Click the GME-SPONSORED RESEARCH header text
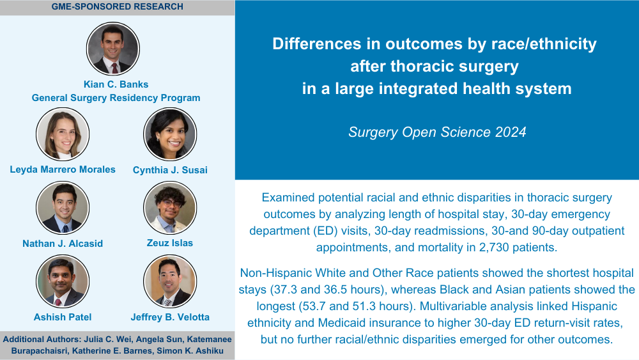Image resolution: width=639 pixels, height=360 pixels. tap(118, 6)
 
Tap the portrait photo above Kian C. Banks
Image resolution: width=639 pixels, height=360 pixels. tap(113, 49)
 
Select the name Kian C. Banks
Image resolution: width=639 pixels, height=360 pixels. tap(116, 84)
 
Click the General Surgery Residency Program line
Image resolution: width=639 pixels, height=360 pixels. tap(116, 98)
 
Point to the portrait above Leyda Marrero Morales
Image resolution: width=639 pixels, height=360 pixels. tap(63, 134)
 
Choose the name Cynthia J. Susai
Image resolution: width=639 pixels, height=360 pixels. tap(170, 170)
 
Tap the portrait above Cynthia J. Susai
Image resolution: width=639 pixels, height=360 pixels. tap(170, 134)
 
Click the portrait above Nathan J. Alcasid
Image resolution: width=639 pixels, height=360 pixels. tap(63, 208)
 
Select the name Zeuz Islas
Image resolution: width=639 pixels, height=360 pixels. tap(170, 243)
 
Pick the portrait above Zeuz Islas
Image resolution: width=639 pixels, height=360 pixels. tap(170, 208)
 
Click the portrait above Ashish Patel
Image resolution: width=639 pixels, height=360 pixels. tap(63, 281)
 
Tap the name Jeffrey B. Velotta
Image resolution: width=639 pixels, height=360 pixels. tap(170, 317)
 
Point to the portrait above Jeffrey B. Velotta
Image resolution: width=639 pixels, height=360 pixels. tap(170, 281)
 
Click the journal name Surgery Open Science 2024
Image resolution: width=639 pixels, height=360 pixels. tap(437, 132)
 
